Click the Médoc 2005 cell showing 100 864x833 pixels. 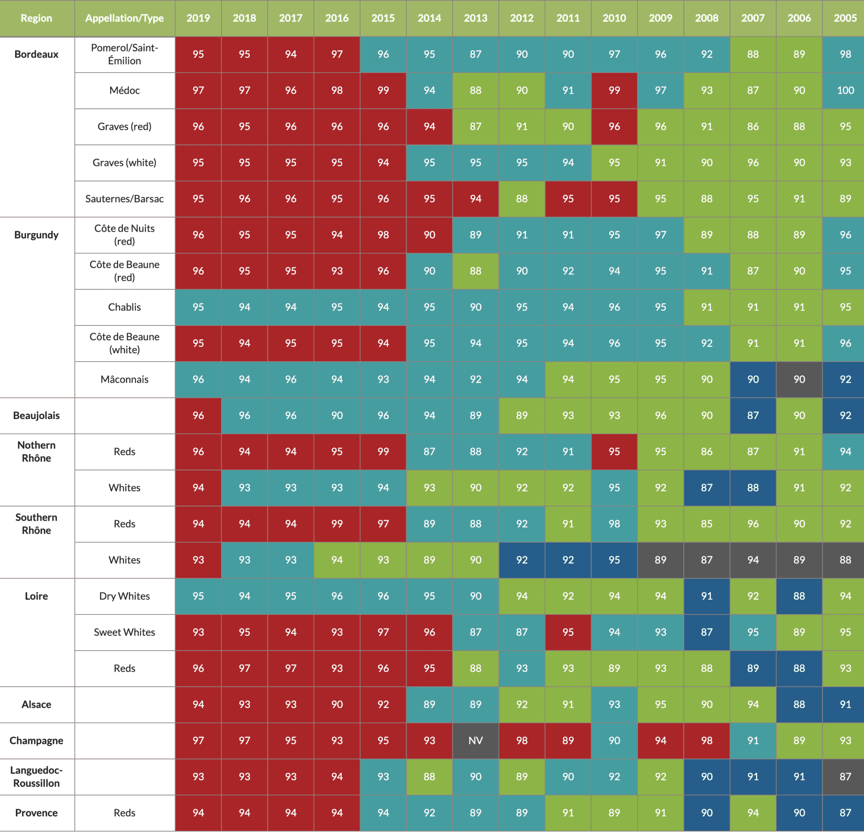click(845, 90)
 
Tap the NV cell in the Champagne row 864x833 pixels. click(475, 741)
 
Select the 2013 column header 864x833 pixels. click(475, 18)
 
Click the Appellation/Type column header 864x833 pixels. click(124, 18)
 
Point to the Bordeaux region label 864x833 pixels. click(37, 54)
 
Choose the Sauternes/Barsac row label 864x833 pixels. click(124, 199)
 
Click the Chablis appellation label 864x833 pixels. click(124, 307)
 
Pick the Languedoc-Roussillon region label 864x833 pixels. click(37, 776)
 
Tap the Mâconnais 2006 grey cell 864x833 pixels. click(799, 379)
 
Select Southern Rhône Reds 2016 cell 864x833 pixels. click(337, 524)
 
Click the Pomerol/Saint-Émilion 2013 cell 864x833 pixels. click(475, 54)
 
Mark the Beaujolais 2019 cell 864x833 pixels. click(198, 415)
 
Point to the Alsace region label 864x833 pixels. click(37, 704)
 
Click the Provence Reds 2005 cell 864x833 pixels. click(845, 813)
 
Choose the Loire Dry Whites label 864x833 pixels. click(124, 596)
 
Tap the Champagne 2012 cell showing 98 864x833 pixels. click(521, 741)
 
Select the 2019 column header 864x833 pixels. click(198, 18)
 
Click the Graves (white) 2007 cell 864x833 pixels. click(753, 163)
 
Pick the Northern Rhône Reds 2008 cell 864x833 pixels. click(706, 452)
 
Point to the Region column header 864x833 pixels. click(37, 18)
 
